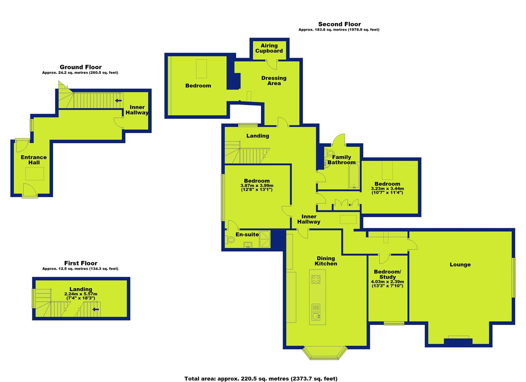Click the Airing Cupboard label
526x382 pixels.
click(x=269, y=48)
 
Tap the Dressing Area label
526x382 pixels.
click(x=274, y=80)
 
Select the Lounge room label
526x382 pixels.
click(x=460, y=265)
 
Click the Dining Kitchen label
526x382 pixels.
click(x=326, y=261)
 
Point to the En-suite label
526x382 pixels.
click(x=247, y=235)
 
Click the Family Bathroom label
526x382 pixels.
click(x=341, y=160)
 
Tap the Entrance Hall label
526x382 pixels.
click(x=34, y=160)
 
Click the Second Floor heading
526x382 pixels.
click(x=340, y=24)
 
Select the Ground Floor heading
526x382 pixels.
click(x=80, y=67)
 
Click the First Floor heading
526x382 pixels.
click(x=81, y=263)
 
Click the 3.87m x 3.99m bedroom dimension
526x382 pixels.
click(x=257, y=187)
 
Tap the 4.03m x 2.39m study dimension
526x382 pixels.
click(x=388, y=284)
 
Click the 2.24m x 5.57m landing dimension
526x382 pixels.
click(x=81, y=296)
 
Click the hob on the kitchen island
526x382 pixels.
click(x=316, y=279)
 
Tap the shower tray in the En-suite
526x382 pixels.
click(x=265, y=239)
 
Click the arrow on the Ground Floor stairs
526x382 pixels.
click(x=118, y=100)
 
